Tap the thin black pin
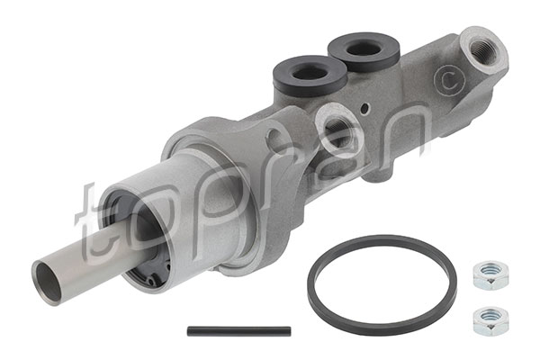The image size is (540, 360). coord(238,330)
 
